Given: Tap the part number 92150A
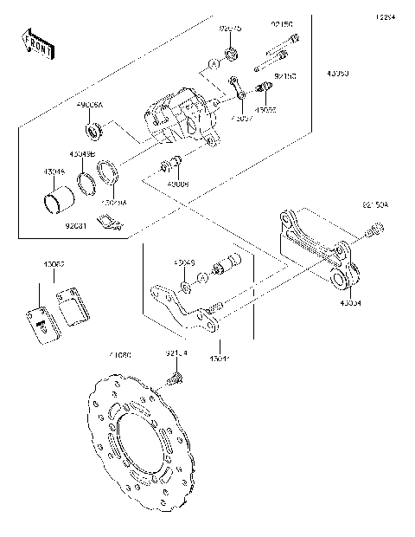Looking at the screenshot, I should tap(373, 205).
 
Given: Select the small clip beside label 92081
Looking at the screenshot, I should tap(109, 224).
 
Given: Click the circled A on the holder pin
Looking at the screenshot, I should tap(201, 276).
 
